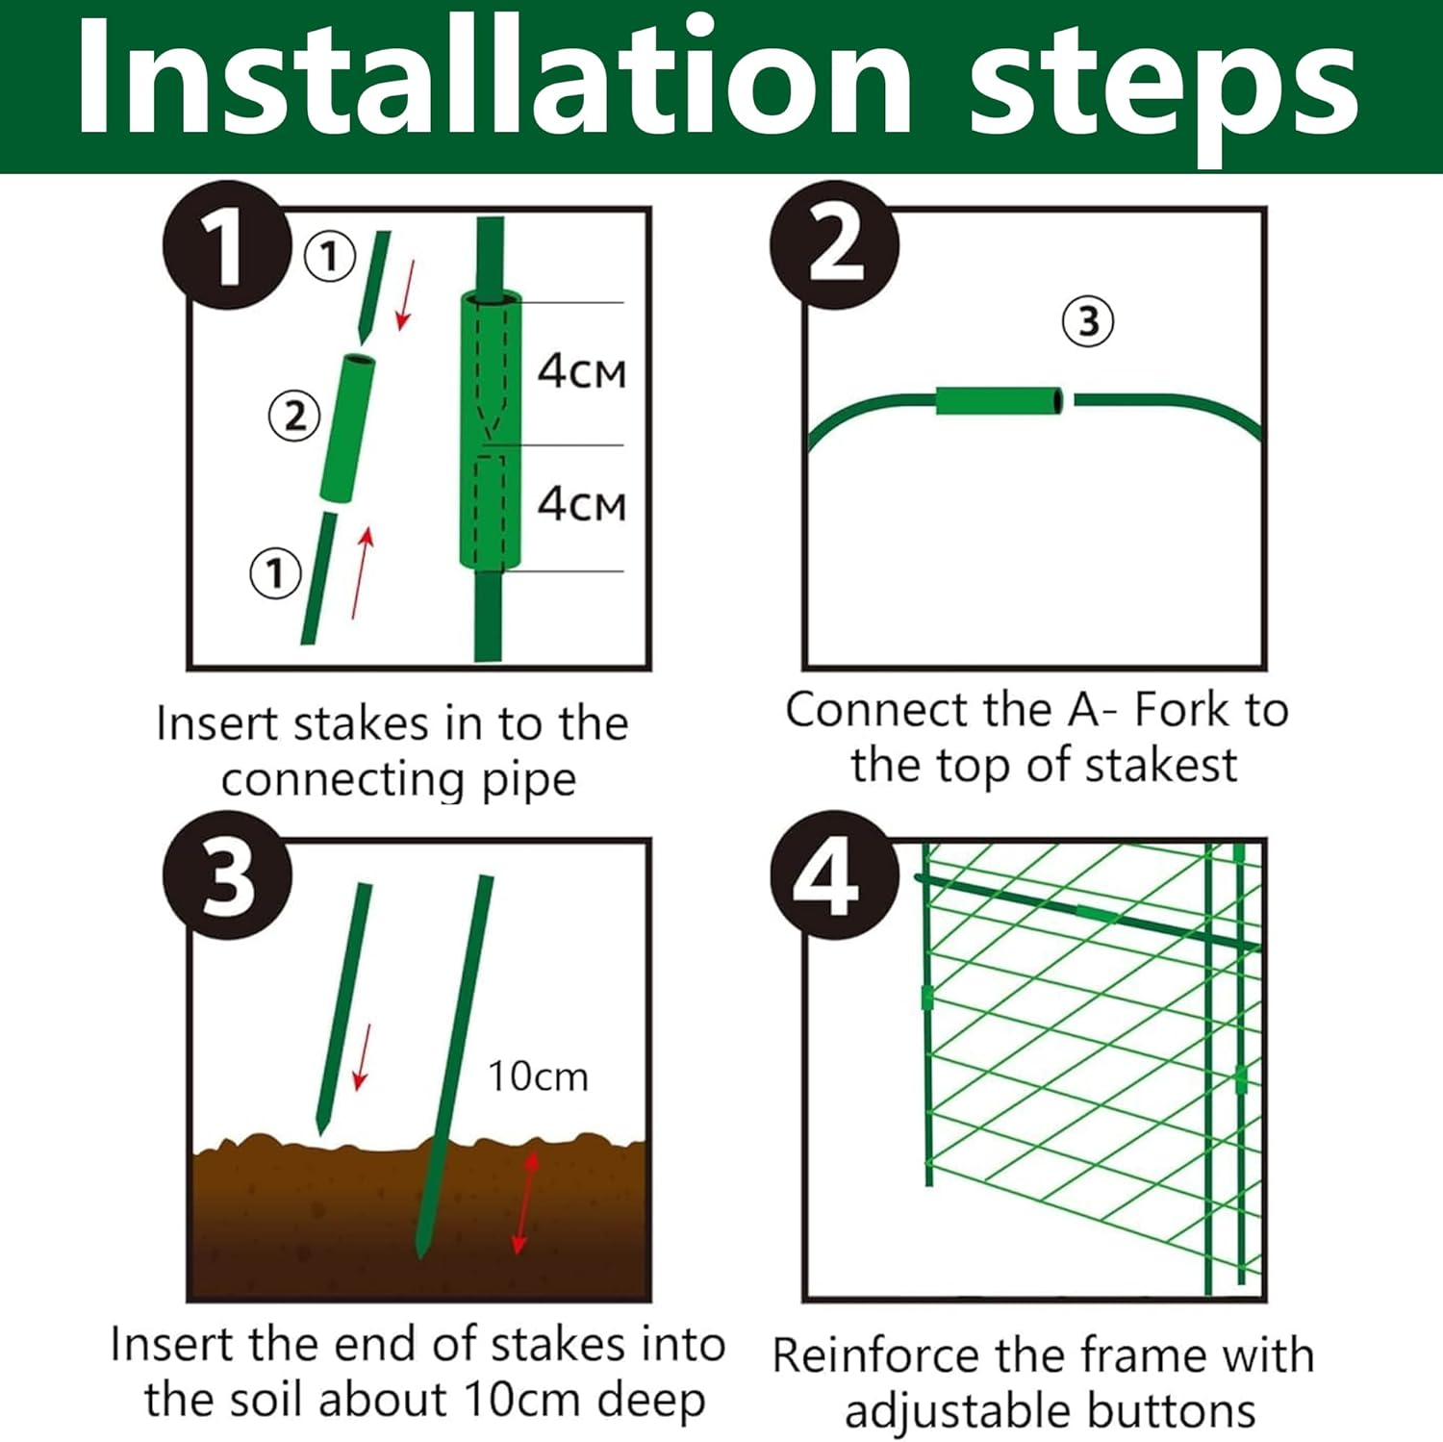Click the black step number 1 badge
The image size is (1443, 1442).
point(226,245)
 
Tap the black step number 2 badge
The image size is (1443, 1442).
point(834,245)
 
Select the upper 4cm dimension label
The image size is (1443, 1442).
point(581,371)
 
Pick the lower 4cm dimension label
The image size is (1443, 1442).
point(581,504)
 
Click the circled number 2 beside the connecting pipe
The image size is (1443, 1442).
point(294,416)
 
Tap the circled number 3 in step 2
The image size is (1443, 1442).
point(1088,321)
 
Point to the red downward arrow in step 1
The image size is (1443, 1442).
point(406,294)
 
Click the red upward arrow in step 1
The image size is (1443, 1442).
point(362,572)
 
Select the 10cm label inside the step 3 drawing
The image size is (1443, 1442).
point(538,1076)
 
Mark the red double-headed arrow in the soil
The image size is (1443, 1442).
point(524,1202)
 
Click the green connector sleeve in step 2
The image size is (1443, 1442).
point(999,400)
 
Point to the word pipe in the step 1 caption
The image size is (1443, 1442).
point(528,780)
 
